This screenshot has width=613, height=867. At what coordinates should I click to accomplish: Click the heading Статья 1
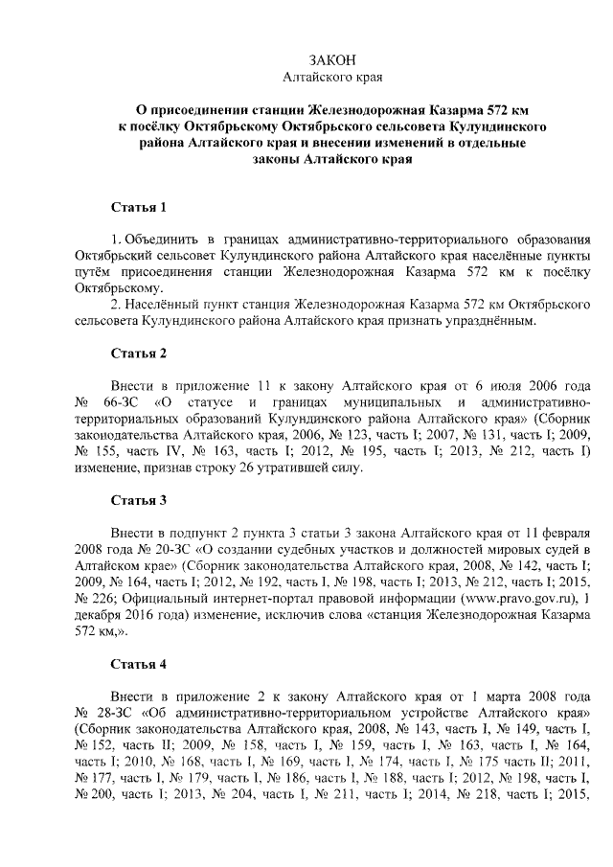(139, 206)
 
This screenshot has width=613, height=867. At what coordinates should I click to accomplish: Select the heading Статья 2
(139, 353)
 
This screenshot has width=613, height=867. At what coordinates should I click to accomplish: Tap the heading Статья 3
(139, 499)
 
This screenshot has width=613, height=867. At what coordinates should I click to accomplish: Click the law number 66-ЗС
(119, 401)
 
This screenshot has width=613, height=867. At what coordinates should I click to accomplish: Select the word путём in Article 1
(94, 271)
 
